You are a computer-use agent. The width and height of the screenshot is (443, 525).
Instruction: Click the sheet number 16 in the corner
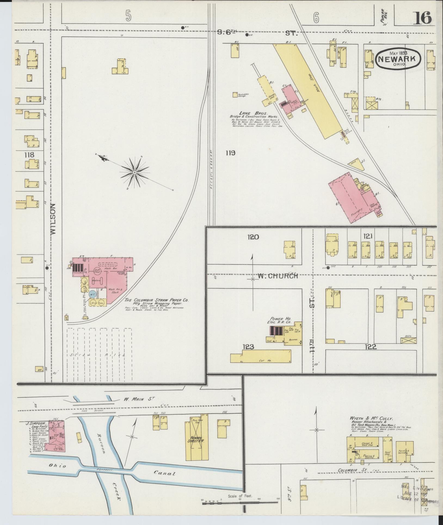click(x=423, y=18)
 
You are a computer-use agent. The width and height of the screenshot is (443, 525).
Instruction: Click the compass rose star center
click(x=135, y=173)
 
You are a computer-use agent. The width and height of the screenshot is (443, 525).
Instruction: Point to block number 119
click(x=230, y=153)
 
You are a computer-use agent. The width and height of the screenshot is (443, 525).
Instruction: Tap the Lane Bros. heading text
click(x=250, y=113)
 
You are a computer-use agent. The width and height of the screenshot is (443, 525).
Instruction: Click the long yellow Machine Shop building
click(x=307, y=90)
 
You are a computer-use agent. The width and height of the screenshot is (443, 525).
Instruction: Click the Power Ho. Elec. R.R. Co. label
click(x=279, y=320)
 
